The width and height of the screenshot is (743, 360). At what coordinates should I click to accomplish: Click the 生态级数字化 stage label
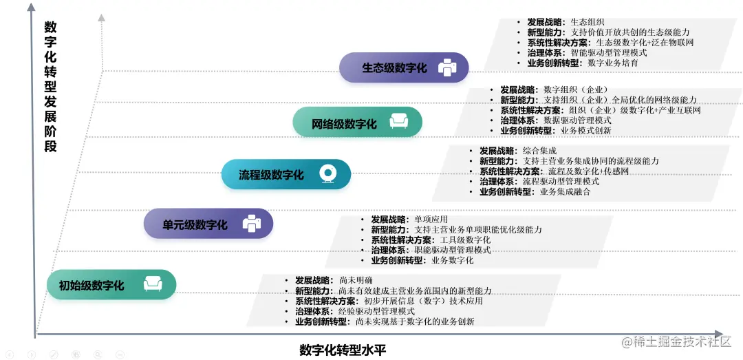click(394, 68)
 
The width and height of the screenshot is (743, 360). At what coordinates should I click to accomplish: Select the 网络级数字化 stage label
click(345, 124)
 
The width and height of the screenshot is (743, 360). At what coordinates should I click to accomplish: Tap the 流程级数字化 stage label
click(271, 175)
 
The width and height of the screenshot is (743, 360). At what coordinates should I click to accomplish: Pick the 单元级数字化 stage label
click(195, 225)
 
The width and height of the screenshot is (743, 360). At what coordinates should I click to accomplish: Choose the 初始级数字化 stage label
click(91, 285)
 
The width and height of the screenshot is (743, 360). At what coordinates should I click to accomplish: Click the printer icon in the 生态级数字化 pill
click(448, 67)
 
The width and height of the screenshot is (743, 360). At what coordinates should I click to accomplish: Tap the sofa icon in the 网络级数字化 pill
click(399, 123)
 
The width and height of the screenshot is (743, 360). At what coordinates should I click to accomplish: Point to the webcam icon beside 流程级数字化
click(327, 174)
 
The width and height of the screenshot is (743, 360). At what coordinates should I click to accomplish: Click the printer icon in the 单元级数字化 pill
click(252, 224)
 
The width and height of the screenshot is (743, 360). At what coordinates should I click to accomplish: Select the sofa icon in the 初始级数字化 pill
click(152, 284)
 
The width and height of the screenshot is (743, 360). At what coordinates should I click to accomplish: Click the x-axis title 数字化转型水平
click(343, 350)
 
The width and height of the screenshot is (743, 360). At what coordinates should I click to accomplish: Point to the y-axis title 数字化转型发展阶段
click(50, 87)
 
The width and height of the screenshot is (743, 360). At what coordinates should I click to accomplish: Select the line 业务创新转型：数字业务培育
click(582, 63)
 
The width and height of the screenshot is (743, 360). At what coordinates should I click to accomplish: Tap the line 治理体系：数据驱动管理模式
click(555, 120)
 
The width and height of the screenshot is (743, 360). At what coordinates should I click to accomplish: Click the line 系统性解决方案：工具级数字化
click(431, 240)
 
